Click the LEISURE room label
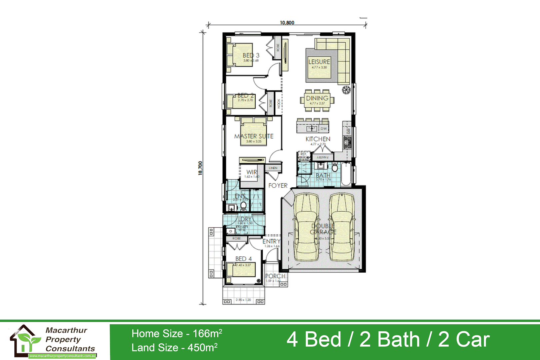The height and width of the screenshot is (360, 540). pos(319,62)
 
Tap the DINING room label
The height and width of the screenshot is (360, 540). pos(317,98)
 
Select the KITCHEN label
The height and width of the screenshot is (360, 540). pos(318,139)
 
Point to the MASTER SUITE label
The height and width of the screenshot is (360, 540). pos(254,136)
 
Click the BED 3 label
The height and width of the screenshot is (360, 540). pos(251,55)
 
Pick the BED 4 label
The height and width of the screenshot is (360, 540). pos(243,259)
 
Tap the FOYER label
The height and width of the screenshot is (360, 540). pos(278,186)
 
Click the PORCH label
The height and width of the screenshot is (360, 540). pos(275,276)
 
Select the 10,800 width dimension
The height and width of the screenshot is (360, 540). pos(287,23)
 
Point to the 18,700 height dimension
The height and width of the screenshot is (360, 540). pos(200,168)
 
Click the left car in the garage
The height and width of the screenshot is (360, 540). pos(306,227)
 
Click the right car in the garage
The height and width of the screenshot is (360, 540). pos(342,227)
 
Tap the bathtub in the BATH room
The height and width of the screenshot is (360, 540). pos(346,173)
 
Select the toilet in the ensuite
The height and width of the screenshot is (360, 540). pos(244,205)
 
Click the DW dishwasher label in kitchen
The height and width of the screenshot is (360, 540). pos(324,129)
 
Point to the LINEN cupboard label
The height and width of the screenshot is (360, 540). pos(273,168)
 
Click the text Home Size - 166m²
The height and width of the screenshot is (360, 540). pos(177,333)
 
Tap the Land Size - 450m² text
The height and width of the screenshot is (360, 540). pos(174,348)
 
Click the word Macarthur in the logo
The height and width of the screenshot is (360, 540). pos(66,330)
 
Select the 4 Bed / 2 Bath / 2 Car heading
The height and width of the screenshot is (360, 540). pos(388,339)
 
